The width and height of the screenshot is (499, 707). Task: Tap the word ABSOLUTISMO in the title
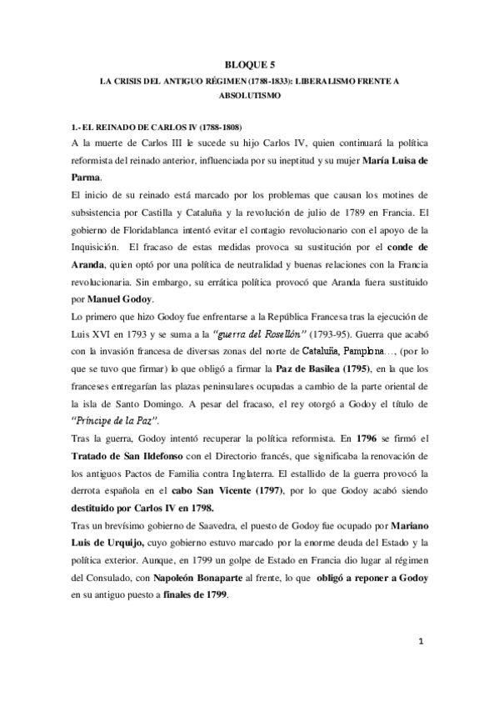pos(249,97)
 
